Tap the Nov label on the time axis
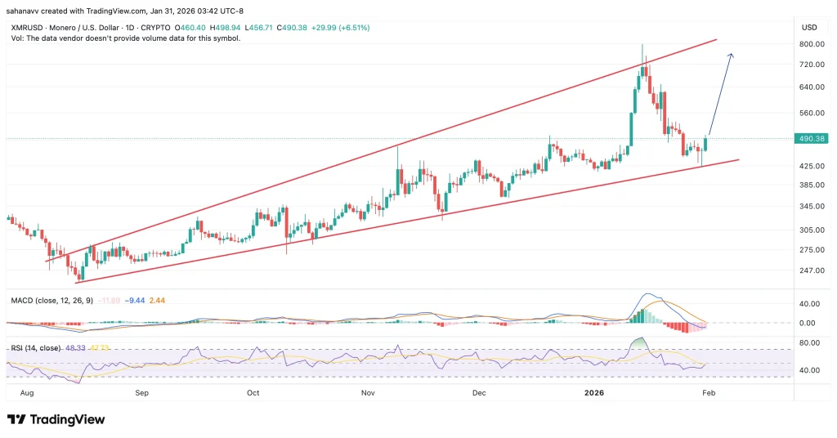coord(367,392)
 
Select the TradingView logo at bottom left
coord(56,419)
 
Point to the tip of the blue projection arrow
coord(731,54)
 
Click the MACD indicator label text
coord(50,301)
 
